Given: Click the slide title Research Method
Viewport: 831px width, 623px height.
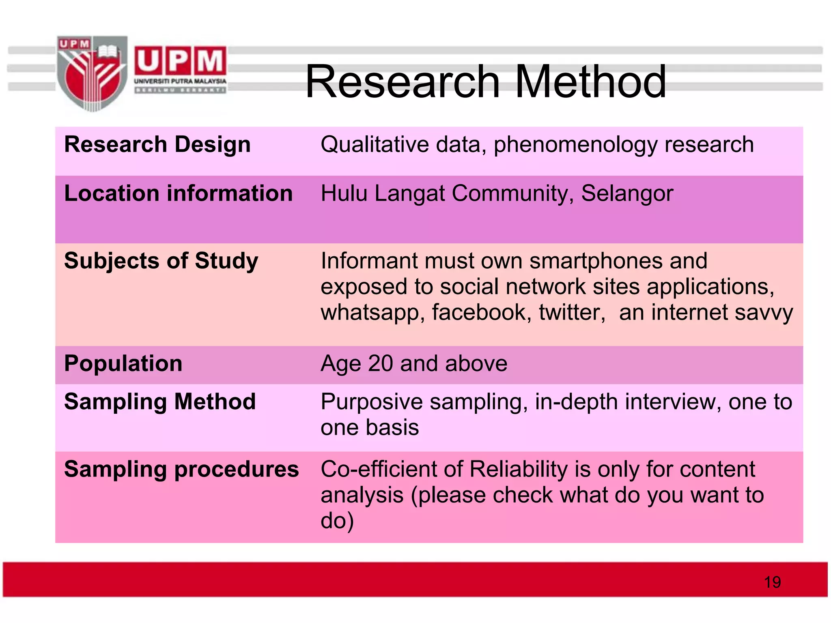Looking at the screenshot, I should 485,82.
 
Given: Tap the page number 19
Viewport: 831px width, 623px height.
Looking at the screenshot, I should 772,582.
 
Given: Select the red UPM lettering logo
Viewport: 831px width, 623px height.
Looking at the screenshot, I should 180,61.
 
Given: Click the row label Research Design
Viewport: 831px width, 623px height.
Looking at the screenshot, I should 157,145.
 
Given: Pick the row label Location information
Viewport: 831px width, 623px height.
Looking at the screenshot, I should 178,193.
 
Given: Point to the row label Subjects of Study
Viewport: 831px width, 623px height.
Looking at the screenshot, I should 161,261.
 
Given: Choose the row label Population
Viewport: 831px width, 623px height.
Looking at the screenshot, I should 123,363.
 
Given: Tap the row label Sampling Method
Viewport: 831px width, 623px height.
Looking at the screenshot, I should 160,402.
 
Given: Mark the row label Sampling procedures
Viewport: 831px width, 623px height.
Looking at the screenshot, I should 181,470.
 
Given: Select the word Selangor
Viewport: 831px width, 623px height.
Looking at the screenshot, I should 627,193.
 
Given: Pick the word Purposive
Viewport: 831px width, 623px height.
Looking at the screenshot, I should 372,402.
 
